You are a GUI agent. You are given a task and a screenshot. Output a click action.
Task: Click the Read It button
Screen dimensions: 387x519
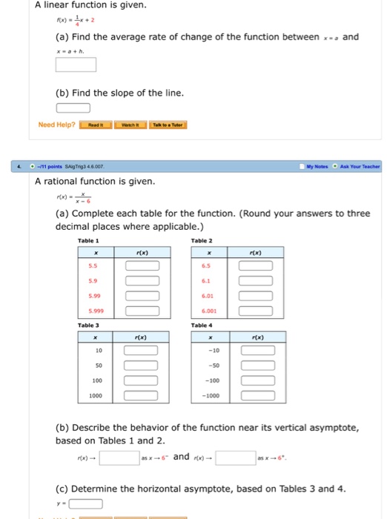[x=96, y=124]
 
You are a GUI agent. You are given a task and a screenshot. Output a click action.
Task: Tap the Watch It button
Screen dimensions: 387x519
[x=130, y=124]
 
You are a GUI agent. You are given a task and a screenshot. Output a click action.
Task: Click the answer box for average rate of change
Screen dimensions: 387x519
[x=75, y=65]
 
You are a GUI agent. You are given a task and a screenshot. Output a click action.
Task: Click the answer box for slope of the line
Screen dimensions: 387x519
[x=73, y=108]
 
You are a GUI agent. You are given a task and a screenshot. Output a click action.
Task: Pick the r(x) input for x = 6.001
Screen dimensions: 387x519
[x=254, y=311]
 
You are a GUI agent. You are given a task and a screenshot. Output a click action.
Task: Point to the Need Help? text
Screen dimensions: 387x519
[x=56, y=124]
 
